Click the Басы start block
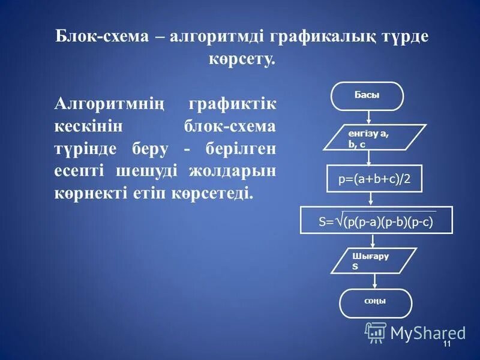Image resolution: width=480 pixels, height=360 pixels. pos(367,96)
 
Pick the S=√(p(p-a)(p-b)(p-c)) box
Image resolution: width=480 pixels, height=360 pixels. pos(376,220)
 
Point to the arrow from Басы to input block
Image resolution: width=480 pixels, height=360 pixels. pos(368,117)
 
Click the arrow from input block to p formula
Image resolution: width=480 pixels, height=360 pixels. pos(370,157)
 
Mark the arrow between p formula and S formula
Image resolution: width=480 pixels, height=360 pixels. pos(373,199)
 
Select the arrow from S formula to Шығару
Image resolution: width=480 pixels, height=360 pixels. pos(373,240)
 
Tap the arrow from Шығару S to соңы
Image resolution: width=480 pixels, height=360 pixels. pos(375,281)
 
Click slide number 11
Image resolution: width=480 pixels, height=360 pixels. pos(446,344)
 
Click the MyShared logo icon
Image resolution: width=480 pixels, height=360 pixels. pos(376,332)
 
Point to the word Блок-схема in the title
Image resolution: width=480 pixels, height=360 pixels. pos(101,37)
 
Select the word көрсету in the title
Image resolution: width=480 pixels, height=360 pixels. pos(241,59)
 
